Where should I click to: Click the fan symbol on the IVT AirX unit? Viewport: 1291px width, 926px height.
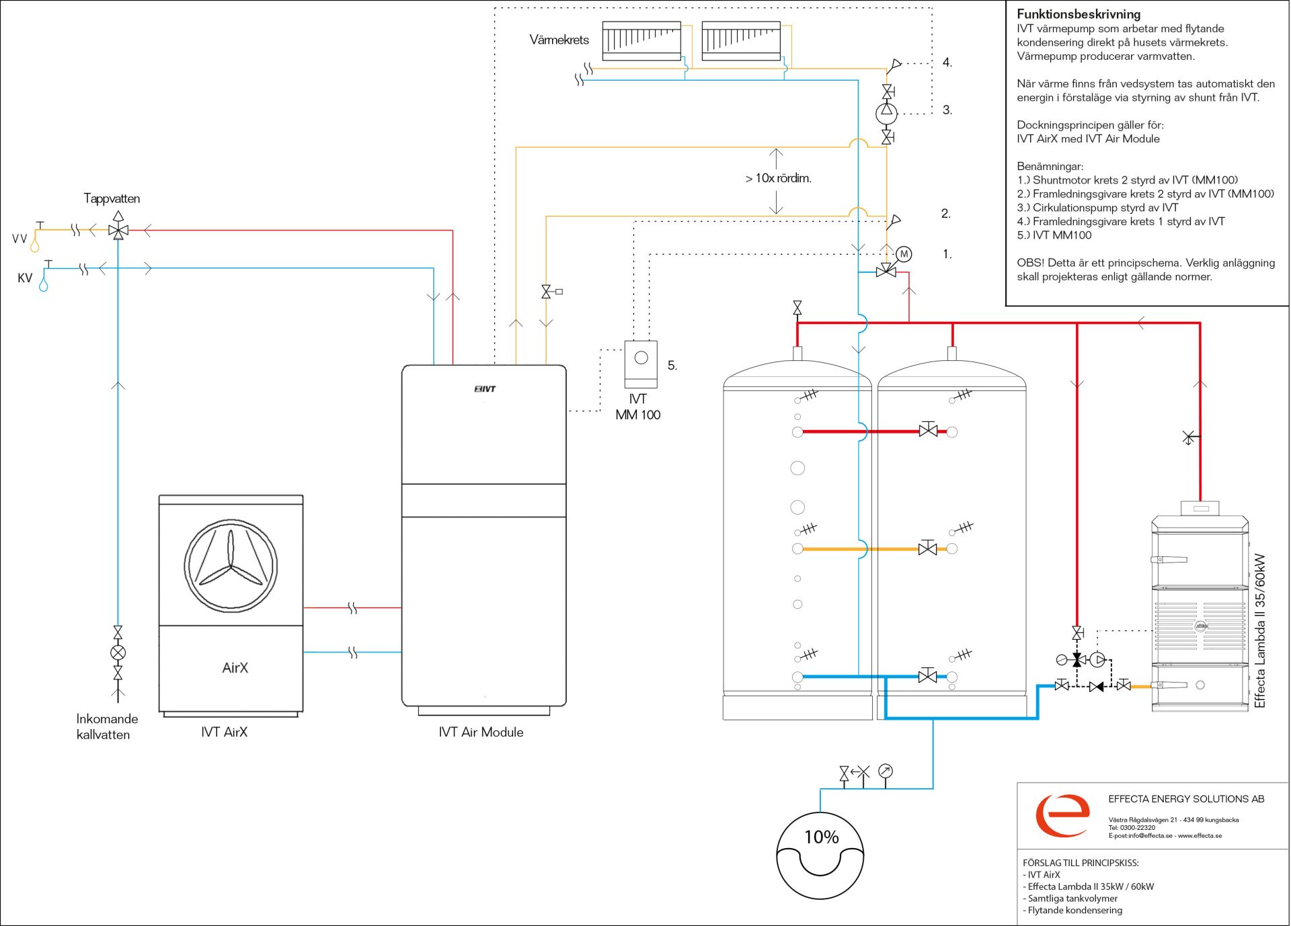(x=231, y=566)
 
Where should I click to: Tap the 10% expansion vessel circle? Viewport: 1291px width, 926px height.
(x=820, y=855)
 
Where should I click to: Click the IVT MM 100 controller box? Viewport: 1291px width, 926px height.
(x=641, y=364)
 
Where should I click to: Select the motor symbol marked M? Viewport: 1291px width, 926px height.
(x=904, y=254)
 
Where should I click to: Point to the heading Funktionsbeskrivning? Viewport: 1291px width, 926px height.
(x=1079, y=14)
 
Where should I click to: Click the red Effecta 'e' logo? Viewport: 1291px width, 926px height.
(x=1062, y=815)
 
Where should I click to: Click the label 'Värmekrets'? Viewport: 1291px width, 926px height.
(x=559, y=40)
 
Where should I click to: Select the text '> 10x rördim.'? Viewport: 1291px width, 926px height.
(x=778, y=178)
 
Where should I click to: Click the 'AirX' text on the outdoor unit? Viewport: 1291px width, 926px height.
(x=235, y=667)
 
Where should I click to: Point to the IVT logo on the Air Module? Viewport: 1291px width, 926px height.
(x=485, y=389)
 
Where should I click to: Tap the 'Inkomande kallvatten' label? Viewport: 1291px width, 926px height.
(x=106, y=726)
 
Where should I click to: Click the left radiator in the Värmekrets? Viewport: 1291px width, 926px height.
(x=641, y=41)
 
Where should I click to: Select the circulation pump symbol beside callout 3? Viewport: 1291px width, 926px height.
(x=886, y=113)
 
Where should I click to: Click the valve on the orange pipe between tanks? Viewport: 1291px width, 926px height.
(x=928, y=548)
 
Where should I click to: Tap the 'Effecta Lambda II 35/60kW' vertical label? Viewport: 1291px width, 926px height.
(x=1259, y=630)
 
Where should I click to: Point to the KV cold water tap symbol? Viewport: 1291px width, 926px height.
(x=45, y=276)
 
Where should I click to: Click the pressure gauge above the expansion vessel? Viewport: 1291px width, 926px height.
(x=886, y=771)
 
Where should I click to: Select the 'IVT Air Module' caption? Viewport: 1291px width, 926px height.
(x=481, y=732)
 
